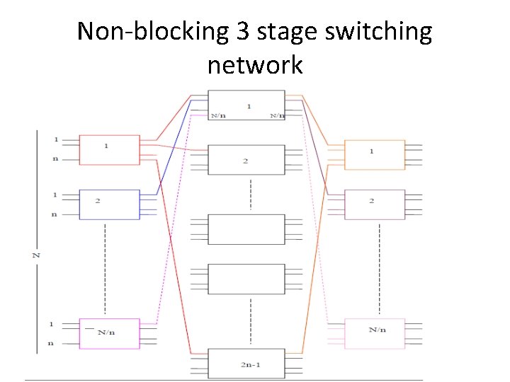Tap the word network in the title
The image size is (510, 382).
click(x=255, y=65)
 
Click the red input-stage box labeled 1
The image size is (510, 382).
click(x=109, y=149)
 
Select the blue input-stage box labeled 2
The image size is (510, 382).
click(x=109, y=204)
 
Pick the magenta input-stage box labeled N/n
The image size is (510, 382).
click(x=109, y=333)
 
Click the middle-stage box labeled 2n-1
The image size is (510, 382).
click(x=246, y=363)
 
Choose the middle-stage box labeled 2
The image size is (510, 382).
click(x=246, y=160)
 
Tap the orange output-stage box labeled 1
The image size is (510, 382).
click(x=374, y=154)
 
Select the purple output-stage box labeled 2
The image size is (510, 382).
click(x=374, y=204)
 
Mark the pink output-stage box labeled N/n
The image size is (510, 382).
click(x=374, y=333)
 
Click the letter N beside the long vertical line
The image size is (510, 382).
click(x=35, y=253)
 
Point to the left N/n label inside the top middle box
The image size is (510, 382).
click(x=219, y=115)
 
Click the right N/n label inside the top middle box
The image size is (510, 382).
click(x=276, y=115)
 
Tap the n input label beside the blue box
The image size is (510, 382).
click(x=54, y=214)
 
